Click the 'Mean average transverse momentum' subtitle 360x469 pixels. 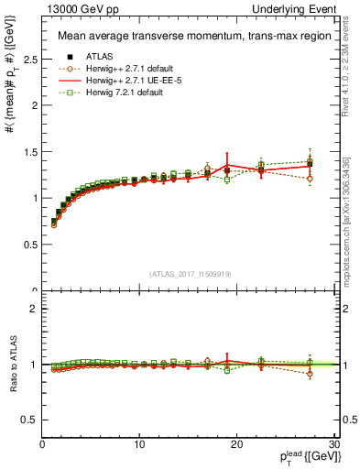point(188,37)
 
